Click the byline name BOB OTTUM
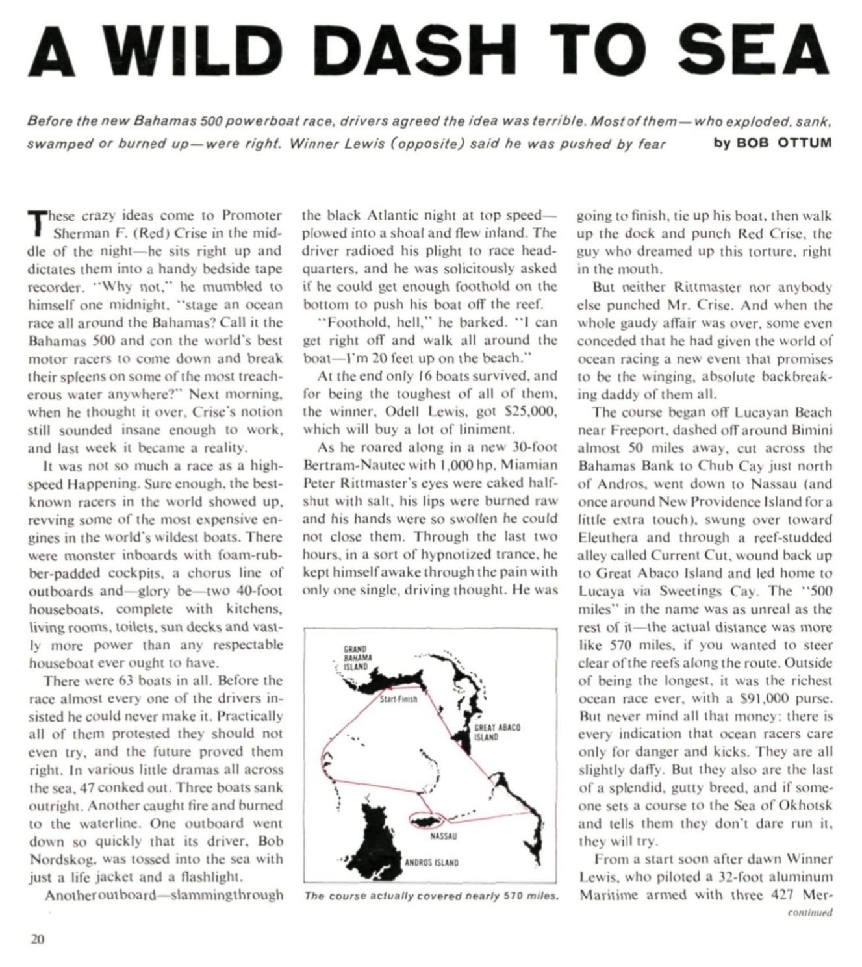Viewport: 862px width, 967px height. tap(784, 143)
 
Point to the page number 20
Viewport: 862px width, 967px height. tap(37, 938)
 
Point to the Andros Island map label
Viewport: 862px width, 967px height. tap(432, 863)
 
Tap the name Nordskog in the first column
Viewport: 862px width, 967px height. tap(59, 859)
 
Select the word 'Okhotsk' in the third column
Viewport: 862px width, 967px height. tap(802, 806)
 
